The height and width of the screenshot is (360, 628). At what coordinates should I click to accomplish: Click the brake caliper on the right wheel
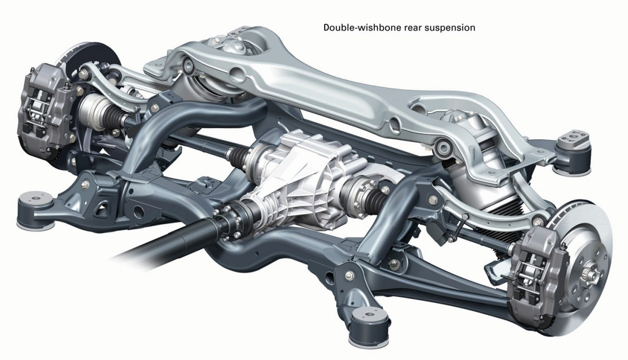534,276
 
